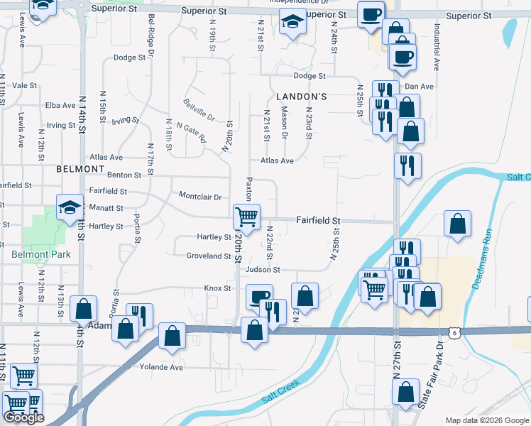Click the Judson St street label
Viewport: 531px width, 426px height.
click(x=263, y=270)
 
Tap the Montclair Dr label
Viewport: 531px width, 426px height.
click(x=200, y=197)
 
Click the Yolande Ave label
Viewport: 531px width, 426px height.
click(x=161, y=367)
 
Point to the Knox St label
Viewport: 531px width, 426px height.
click(x=218, y=288)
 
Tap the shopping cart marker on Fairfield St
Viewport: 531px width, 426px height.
click(x=247, y=215)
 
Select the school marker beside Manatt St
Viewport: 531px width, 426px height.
click(x=70, y=208)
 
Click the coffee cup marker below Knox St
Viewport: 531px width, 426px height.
click(x=258, y=296)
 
